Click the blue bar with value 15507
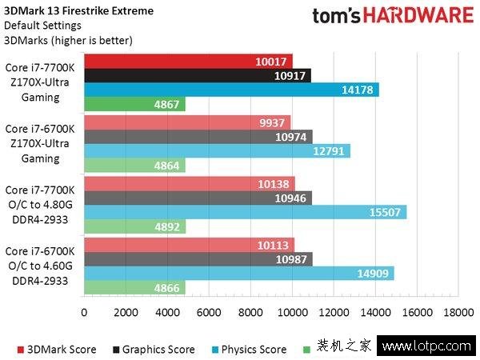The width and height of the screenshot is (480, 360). pos(244,212)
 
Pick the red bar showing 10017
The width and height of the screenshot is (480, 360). pos(188,61)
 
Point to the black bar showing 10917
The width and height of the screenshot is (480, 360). pos(197,75)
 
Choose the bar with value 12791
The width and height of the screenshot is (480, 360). pos(216,151)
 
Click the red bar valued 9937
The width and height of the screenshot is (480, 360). pos(187,122)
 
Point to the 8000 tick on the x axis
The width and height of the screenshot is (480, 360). pos(250,313)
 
